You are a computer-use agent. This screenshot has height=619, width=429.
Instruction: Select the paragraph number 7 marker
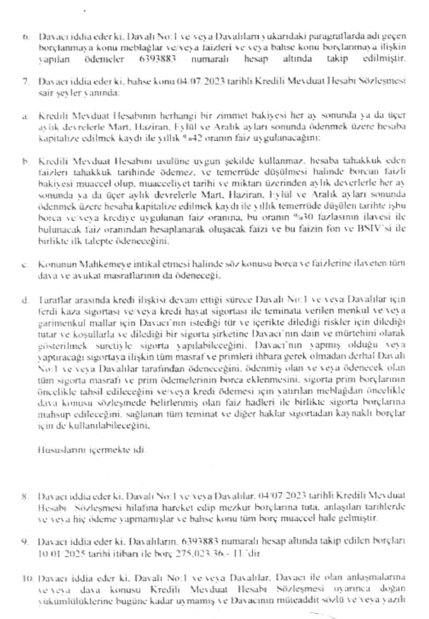point(26,81)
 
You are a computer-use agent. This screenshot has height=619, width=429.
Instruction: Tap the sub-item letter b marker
point(26,160)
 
